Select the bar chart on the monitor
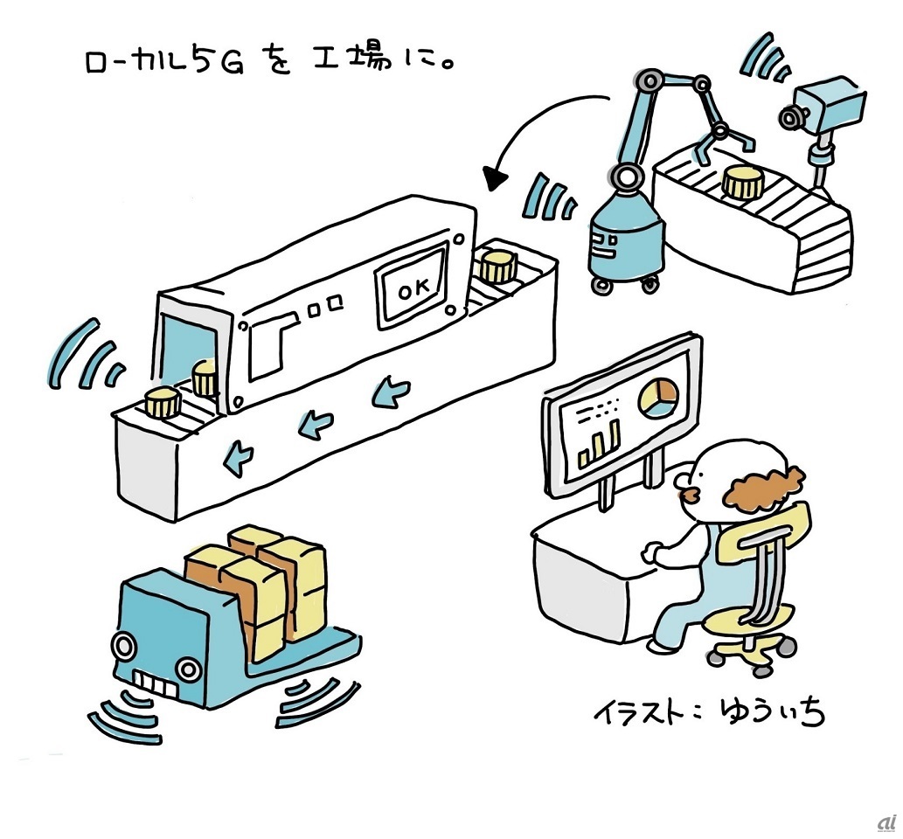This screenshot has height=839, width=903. (600, 443)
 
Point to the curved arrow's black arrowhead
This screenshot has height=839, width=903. (497, 179)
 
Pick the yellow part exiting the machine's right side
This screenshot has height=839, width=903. (497, 265)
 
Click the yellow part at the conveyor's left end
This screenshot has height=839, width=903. (163, 403)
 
